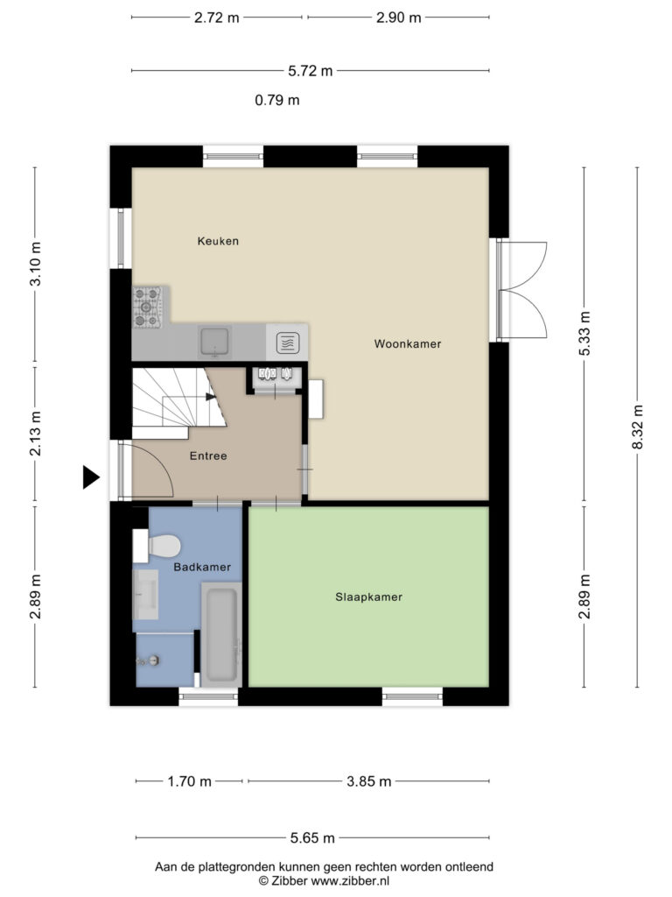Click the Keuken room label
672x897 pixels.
(x=218, y=241)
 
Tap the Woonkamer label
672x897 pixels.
(x=408, y=343)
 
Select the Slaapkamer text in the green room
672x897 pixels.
(x=368, y=597)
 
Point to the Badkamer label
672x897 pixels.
(x=202, y=567)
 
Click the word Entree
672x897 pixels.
(x=208, y=456)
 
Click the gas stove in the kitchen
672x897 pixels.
(x=147, y=307)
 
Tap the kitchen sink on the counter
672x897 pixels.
(x=214, y=342)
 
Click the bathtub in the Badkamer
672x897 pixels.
(x=221, y=634)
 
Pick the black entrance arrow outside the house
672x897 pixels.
(x=91, y=477)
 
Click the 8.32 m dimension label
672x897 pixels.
(x=638, y=427)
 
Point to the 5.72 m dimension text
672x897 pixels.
(x=311, y=71)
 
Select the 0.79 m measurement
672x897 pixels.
(x=277, y=100)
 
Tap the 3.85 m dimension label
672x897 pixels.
(x=369, y=781)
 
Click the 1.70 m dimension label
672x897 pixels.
(x=189, y=781)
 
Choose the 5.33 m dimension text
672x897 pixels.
(x=584, y=334)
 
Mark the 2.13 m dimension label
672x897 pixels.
(x=35, y=434)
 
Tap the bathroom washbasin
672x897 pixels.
(x=146, y=595)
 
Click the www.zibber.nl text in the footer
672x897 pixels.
(x=350, y=881)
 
